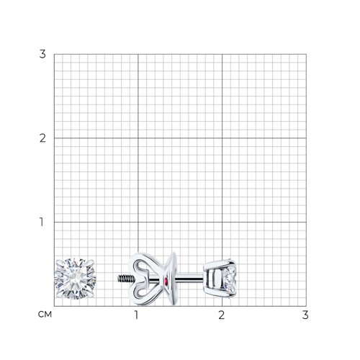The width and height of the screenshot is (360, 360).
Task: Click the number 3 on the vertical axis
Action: click(x=42, y=54)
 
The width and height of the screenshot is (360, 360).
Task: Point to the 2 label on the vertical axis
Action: click(x=42, y=138)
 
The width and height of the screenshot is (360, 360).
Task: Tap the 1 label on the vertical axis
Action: click(x=42, y=222)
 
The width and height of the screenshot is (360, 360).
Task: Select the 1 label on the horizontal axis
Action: click(x=136, y=315)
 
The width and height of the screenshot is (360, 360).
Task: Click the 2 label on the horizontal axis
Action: click(x=221, y=315)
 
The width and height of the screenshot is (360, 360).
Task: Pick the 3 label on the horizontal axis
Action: click(x=305, y=315)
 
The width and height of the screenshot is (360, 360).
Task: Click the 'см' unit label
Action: click(x=45, y=315)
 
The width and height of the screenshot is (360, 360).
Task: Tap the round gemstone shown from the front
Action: click(x=76, y=279)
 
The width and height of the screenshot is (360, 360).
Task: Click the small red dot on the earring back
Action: click(x=166, y=280)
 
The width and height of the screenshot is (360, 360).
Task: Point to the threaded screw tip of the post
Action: click(x=125, y=279)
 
